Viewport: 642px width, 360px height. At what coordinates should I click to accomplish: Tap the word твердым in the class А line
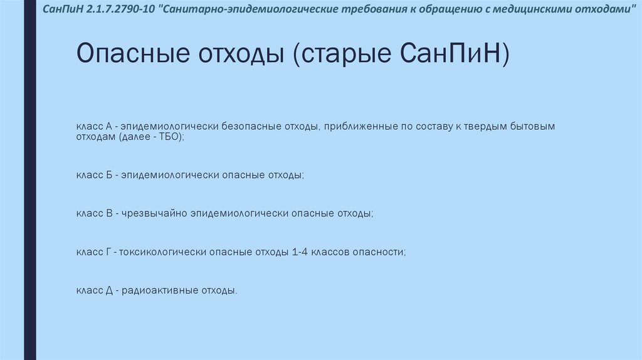[488, 126]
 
